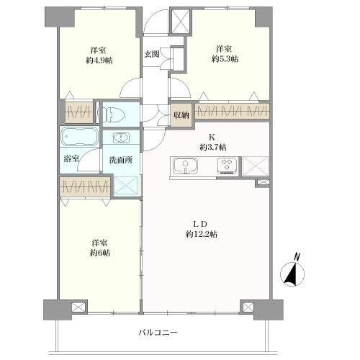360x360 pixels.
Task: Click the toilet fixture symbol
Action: (113, 114)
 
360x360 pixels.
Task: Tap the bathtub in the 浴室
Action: (80, 136)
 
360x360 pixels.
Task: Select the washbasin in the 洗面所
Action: (122, 138)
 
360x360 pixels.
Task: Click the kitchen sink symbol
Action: (185, 166)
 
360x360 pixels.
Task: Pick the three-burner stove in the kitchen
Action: (228, 166)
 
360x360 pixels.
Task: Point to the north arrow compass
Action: (292, 274)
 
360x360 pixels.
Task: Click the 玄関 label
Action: (152, 54)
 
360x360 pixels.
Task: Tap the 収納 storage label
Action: (181, 115)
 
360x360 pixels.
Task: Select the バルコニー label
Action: (158, 333)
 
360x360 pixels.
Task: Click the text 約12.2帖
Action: (202, 234)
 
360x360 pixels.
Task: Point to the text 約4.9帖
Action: (99, 60)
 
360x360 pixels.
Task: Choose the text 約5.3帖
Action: (225, 59)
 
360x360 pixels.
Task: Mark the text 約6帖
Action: (100, 253)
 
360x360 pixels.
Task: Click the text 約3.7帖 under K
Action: (213, 147)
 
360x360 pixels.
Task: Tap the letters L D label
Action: (200, 224)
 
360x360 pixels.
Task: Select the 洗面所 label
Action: (121, 160)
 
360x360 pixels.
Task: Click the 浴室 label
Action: (71, 158)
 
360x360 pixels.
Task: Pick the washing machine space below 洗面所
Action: (125, 185)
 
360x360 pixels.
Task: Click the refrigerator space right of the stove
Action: (256, 166)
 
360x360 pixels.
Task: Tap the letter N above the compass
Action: (297, 257)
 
